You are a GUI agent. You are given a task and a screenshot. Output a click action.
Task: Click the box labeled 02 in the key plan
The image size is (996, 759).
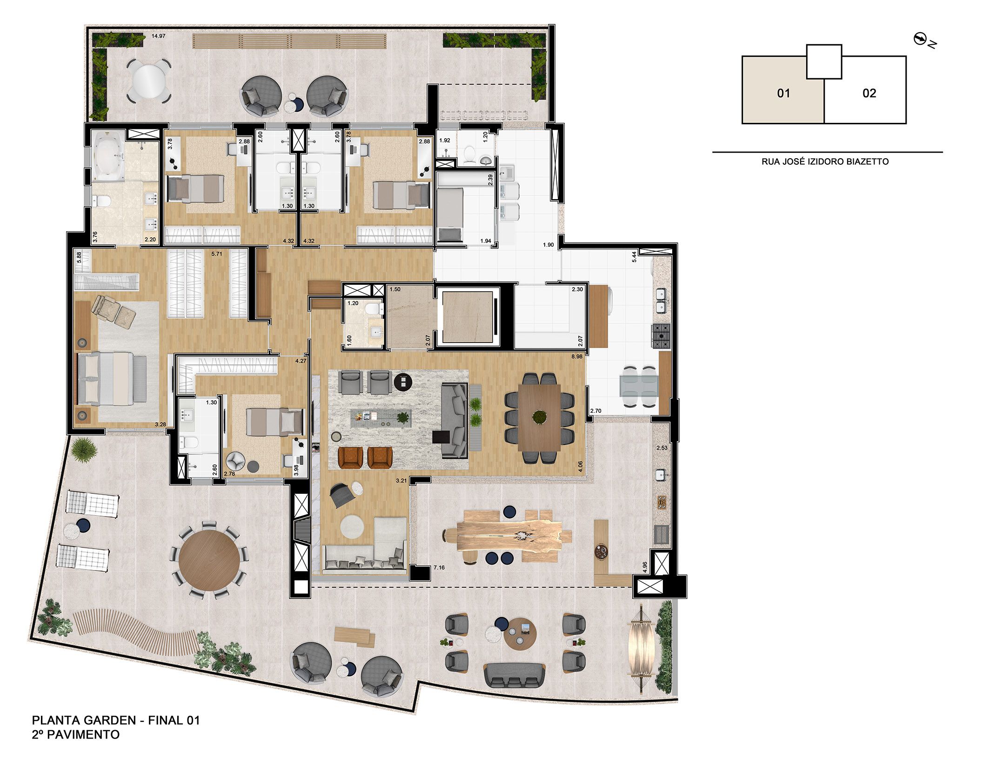coord(869,94)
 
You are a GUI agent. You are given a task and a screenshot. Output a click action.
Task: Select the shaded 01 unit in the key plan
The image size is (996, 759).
coord(783,94)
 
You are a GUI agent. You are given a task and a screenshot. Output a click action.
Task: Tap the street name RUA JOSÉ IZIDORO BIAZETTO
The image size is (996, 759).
coord(825,162)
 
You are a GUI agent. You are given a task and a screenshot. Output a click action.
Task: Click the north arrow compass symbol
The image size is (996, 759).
coord(919,40)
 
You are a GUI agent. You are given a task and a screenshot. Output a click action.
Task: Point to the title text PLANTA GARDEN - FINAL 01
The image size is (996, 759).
coord(116,720)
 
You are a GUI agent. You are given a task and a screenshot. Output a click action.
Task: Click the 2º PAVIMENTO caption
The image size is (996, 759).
coord(75,735)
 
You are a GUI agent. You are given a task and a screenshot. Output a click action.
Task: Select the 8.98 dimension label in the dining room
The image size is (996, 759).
coord(577,357)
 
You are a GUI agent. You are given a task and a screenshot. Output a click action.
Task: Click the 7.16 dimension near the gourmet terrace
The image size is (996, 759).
coord(439,568)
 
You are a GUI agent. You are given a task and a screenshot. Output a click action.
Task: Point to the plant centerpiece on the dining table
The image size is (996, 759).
coord(539,416)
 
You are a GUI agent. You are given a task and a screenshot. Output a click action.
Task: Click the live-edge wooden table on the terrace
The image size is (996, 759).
coord(509,535)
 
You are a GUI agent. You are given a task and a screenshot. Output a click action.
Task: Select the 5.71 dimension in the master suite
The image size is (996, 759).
coord(217,254)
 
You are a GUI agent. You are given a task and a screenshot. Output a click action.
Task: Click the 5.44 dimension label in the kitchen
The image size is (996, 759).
coord(634,257)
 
